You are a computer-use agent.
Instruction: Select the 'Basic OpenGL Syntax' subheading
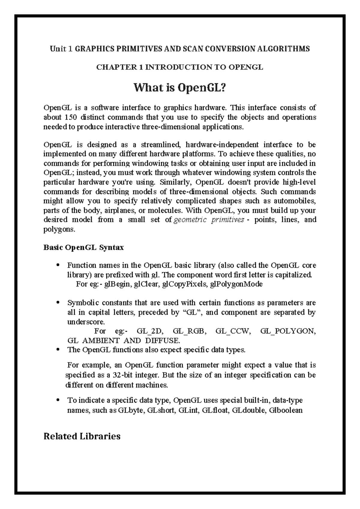point(83,248)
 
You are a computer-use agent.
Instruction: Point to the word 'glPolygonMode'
point(236,284)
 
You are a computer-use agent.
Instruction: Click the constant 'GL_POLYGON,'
point(288,331)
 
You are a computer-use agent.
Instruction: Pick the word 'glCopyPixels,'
point(184,284)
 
